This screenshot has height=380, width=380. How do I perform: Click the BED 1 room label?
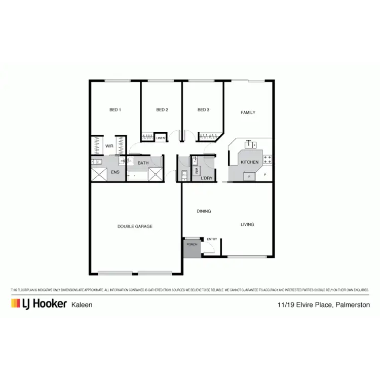point(115,110)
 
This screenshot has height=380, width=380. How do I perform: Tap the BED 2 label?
point(162,110)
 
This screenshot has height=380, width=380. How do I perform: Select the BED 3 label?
point(203,110)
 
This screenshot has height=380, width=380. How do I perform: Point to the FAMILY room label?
point(248,112)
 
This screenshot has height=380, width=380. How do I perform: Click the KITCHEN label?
point(249,162)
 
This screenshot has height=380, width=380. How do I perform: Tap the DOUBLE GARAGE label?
point(135,226)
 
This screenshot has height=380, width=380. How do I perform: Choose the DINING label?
point(204,211)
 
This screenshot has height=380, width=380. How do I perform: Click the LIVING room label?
point(247,224)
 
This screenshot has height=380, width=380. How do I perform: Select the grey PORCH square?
point(192,247)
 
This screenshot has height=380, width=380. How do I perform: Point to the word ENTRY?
point(212,239)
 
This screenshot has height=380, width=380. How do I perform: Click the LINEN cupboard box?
point(161,138)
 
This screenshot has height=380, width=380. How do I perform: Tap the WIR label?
point(109,146)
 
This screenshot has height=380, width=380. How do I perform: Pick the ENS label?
point(115,172)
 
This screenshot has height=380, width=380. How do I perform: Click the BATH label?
point(143,163)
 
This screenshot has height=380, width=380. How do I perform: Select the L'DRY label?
point(206,178)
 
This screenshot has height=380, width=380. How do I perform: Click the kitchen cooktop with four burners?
point(268,159)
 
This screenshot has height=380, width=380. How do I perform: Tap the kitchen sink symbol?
point(251,145)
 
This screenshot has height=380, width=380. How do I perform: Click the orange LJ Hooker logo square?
point(15,303)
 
